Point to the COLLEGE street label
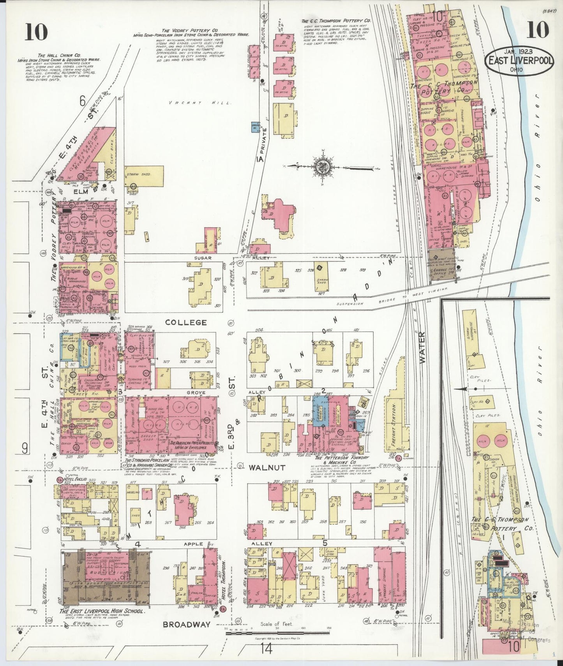pos(185,322)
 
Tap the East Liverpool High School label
pos(103,611)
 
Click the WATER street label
pos(424,348)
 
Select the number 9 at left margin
pos(25,449)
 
